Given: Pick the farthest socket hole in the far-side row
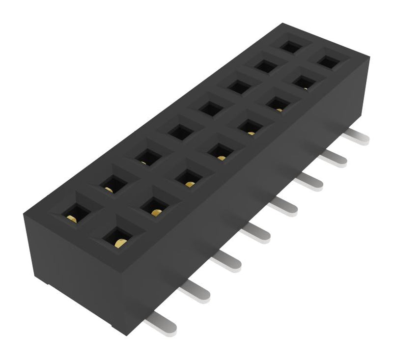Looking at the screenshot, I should point(290,47).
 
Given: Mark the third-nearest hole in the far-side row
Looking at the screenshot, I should point(144,158).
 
